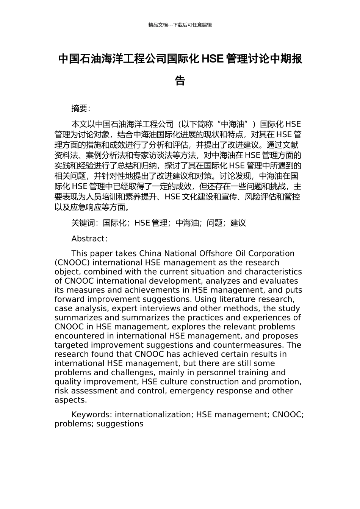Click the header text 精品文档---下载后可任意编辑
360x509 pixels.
click(x=180, y=25)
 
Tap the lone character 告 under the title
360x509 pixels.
click(x=180, y=81)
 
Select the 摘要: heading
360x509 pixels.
click(x=81, y=109)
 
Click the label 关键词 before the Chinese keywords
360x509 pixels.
click(x=83, y=223)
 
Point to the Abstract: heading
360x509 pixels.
click(x=89, y=239)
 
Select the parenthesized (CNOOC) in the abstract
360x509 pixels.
click(x=72, y=262)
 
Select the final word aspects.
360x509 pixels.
click(x=70, y=400)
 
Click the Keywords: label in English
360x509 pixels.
click(x=92, y=415)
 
